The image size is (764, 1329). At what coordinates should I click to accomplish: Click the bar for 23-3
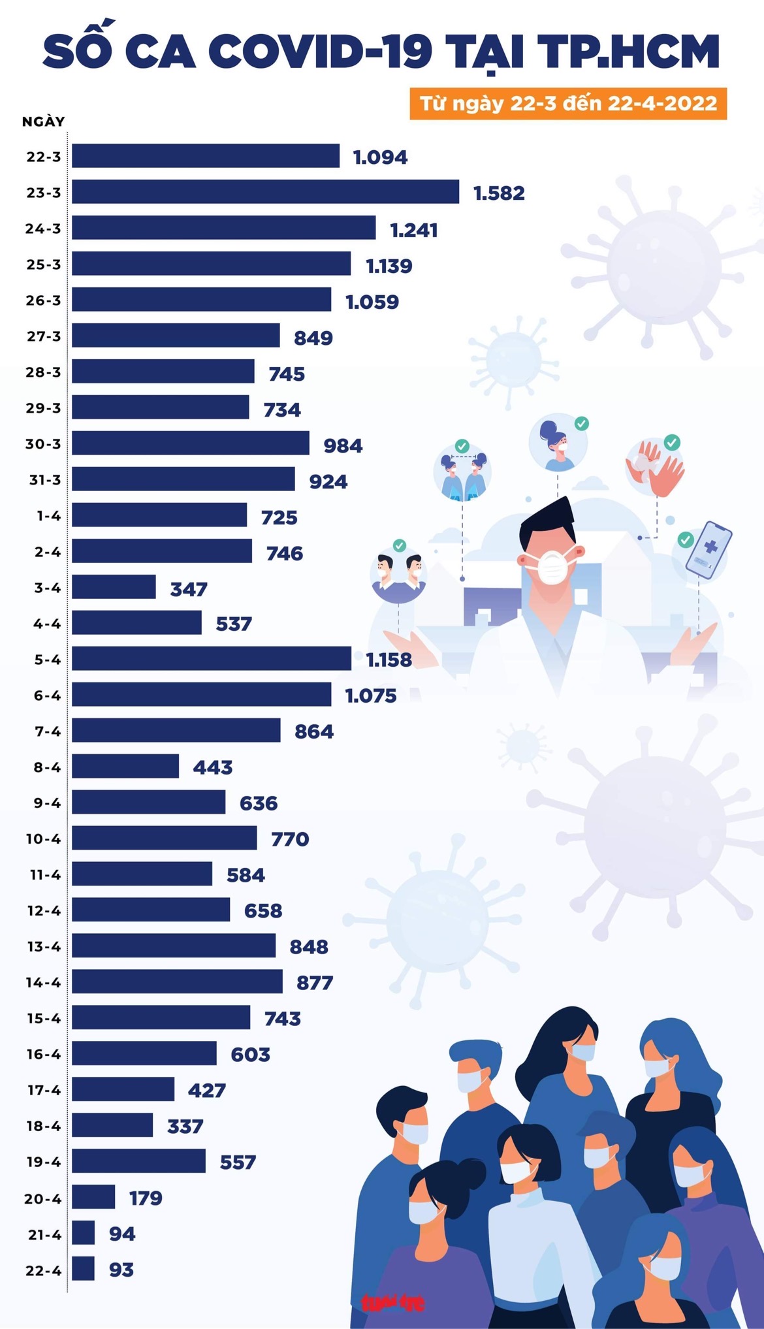pos(265,192)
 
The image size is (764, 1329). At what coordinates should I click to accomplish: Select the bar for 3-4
pos(114,586)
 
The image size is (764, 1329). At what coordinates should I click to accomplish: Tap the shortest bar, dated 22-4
pos(83,1268)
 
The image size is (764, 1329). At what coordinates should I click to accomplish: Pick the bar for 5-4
pos(211,658)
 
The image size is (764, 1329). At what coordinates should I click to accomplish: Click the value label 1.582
pos(499,193)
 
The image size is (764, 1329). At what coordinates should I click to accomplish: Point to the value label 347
pos(189,589)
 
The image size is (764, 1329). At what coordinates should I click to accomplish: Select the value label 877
pos(315,982)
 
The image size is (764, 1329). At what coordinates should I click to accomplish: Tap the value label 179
pos(146,1198)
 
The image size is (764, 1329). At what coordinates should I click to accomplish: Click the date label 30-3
pos(43,444)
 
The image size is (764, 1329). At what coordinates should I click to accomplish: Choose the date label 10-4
pos(43,839)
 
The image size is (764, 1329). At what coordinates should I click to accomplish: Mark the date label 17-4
pos(44,1090)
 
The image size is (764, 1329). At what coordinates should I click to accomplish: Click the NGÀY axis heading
pos(43,121)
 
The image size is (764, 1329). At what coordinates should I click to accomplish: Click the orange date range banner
pos(568,103)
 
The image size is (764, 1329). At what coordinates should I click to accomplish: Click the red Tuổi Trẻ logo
pos(393,1303)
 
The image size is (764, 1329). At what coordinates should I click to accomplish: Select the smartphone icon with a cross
pos(708,550)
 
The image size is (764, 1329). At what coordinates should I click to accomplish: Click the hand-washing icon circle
pos(655,466)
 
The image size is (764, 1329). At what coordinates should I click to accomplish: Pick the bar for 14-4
pos(177,981)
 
